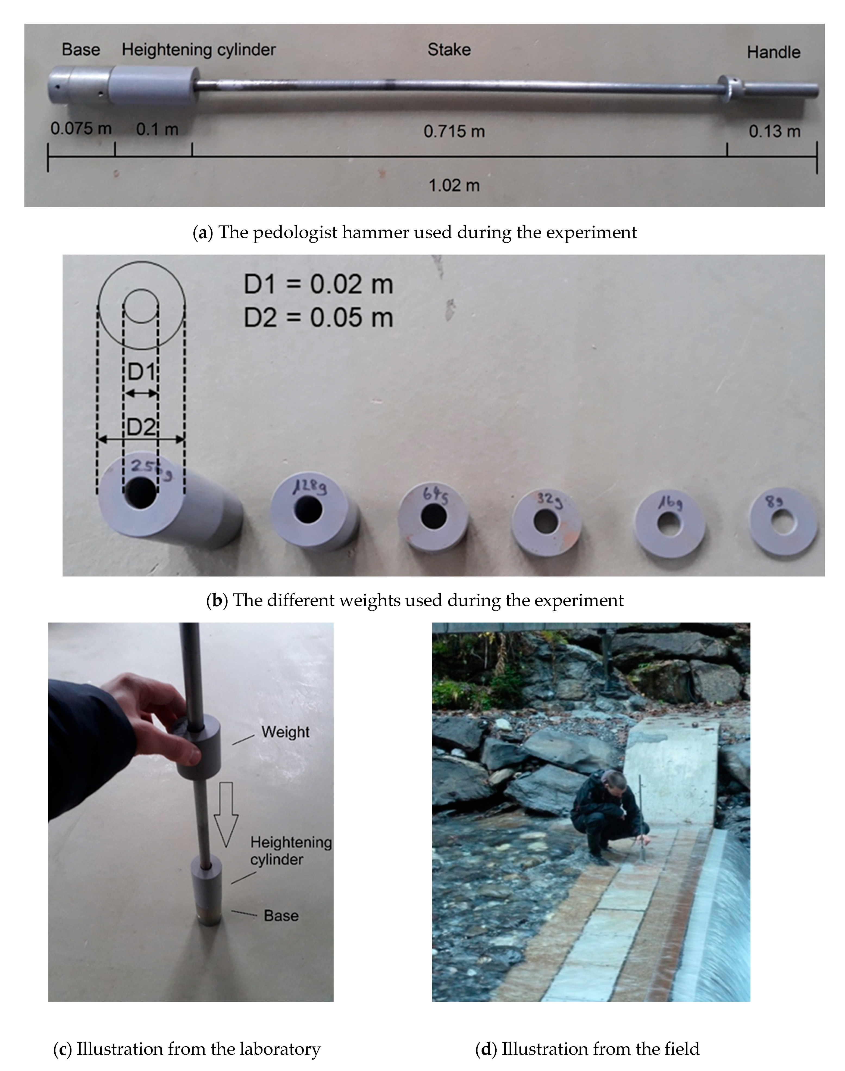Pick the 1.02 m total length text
pos(454,186)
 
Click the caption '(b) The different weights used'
pos(415,600)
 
